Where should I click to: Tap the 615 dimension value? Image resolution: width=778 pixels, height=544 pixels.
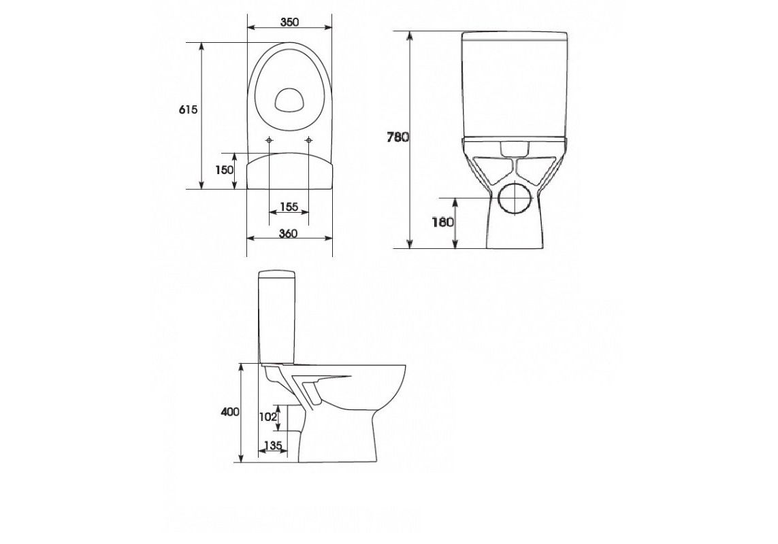click(188, 109)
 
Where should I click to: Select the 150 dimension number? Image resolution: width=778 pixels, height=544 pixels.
click(224, 169)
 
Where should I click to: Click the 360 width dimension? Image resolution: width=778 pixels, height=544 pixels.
click(289, 233)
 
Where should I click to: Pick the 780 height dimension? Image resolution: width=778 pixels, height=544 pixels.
click(398, 137)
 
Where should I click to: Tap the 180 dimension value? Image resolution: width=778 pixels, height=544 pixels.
click(442, 222)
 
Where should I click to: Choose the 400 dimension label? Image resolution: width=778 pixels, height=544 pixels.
click(230, 411)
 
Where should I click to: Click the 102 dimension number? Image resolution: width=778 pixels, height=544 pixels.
click(268, 417)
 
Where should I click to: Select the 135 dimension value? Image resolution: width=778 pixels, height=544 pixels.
click(273, 445)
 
